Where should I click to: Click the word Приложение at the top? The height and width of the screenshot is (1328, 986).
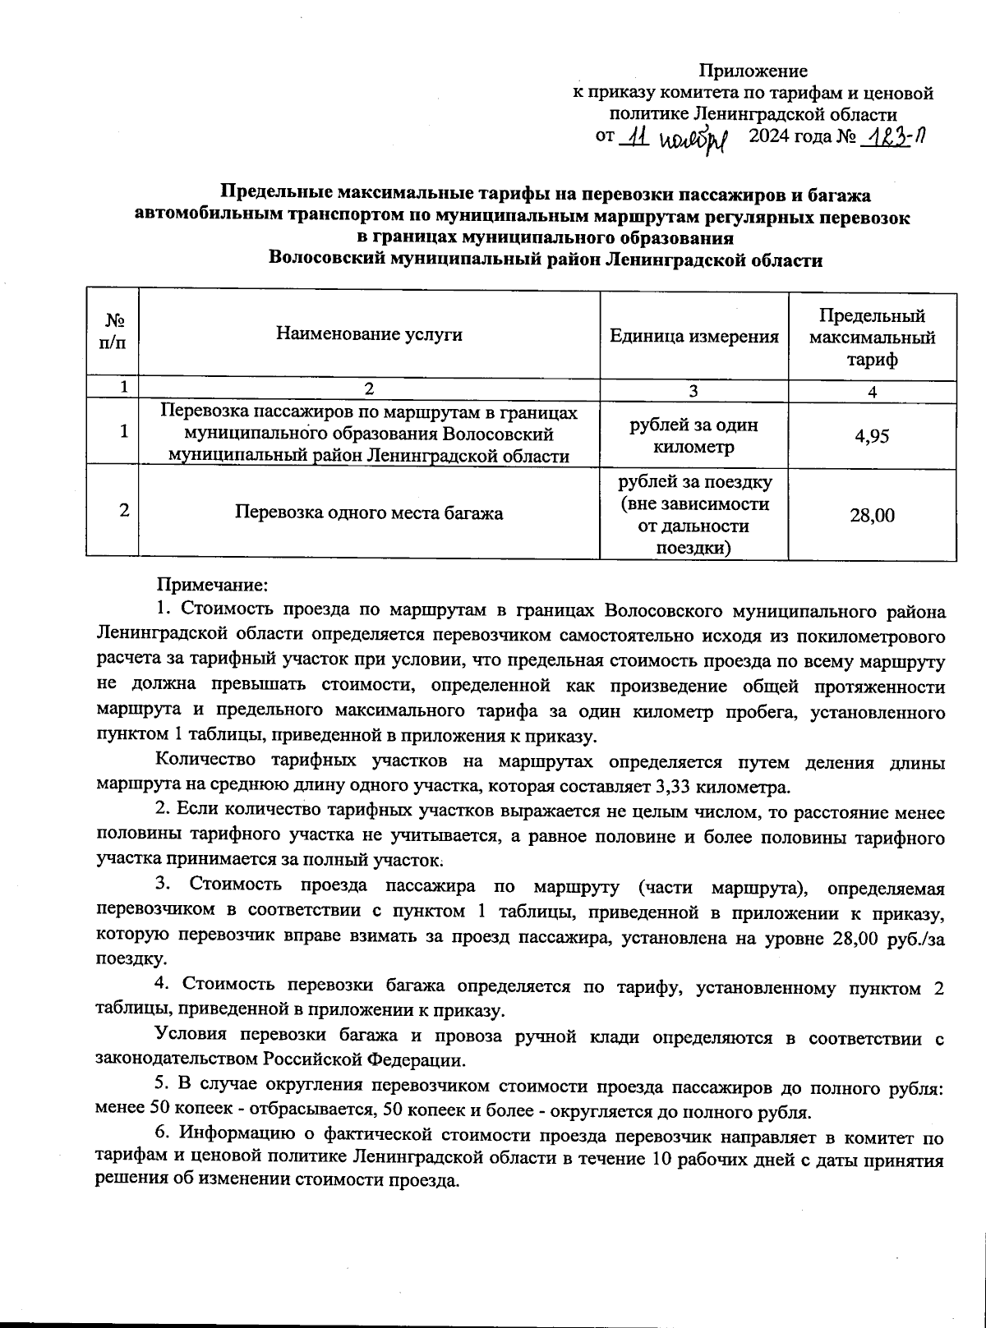[x=753, y=71]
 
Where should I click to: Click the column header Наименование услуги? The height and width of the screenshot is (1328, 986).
[x=369, y=334]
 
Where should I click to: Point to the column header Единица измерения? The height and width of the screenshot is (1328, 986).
[x=693, y=336]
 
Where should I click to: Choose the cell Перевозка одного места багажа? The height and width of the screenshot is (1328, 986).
[x=369, y=513]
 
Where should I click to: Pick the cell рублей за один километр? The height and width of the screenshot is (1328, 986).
[x=693, y=436]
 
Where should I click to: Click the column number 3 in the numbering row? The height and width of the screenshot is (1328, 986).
[x=693, y=392]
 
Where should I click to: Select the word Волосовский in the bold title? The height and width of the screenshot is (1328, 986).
[x=324, y=260]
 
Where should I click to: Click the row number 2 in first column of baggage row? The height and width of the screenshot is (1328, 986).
[x=123, y=511]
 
